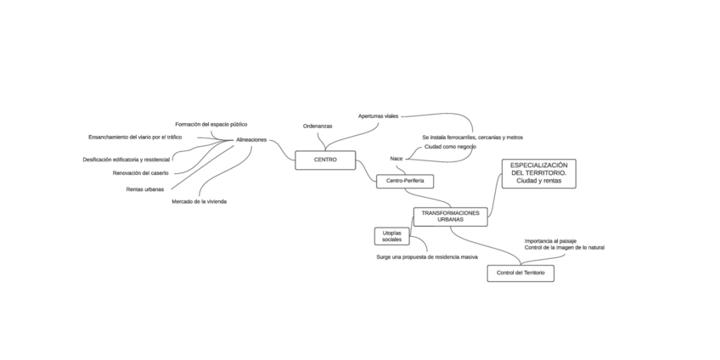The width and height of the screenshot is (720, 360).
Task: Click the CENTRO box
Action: click(325, 160)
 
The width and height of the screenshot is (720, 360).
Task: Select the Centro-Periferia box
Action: click(405, 181)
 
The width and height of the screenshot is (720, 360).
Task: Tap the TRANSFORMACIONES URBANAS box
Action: click(450, 217)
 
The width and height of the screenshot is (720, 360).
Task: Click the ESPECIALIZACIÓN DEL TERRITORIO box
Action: click(538, 173)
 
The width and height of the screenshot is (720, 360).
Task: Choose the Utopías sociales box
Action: click(391, 235)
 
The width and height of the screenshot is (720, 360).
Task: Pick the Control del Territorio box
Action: click(520, 273)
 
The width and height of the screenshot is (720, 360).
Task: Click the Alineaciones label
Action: click(251, 139)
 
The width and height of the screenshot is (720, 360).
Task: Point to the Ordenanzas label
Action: click(318, 126)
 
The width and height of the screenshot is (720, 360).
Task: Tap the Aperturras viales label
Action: click(378, 115)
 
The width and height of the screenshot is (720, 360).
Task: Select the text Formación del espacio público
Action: click(211, 124)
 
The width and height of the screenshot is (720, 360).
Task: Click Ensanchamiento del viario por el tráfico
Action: click(135, 137)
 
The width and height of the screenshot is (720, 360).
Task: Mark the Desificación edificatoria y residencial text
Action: click(127, 159)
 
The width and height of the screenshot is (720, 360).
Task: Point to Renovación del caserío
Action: click(141, 172)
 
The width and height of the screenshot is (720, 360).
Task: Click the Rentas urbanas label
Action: click(145, 189)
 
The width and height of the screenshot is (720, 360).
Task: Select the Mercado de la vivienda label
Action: click(199, 201)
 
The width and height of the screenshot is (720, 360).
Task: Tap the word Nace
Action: click(397, 158)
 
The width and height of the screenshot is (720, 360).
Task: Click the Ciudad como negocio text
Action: click(450, 146)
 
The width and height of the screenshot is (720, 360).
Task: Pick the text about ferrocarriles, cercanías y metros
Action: click(472, 137)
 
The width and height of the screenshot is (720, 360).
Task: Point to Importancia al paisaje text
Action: click(549, 240)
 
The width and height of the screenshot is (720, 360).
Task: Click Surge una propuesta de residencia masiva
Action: click(427, 256)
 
